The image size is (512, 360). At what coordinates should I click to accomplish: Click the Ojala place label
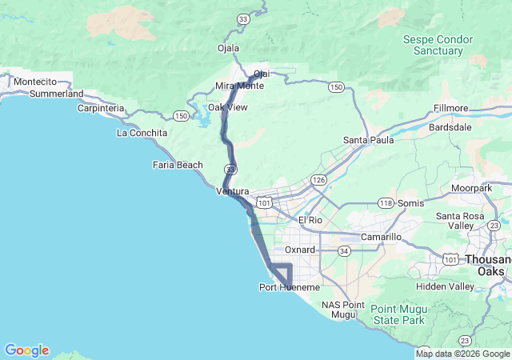[x=229, y=48]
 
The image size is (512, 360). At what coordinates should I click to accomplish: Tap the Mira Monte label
[x=239, y=86]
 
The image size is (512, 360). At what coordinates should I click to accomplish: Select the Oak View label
[x=228, y=107]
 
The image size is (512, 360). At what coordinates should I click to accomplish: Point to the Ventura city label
[x=234, y=192]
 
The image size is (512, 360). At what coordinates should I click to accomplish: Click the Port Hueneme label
[x=290, y=287]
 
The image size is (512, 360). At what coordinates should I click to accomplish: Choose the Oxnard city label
[x=300, y=250]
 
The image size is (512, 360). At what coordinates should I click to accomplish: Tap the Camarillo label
[x=380, y=238]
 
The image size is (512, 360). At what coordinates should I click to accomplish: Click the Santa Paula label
[x=368, y=140]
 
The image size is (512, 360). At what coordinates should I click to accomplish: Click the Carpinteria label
[x=101, y=108]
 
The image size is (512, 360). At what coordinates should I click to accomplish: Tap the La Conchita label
[x=142, y=133]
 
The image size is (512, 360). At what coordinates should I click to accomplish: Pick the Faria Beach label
[x=178, y=165]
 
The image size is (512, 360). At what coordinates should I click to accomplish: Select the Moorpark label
[x=471, y=188]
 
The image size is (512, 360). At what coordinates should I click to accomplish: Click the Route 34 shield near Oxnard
[x=343, y=250]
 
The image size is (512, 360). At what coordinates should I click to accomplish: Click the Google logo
[x=26, y=350]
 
